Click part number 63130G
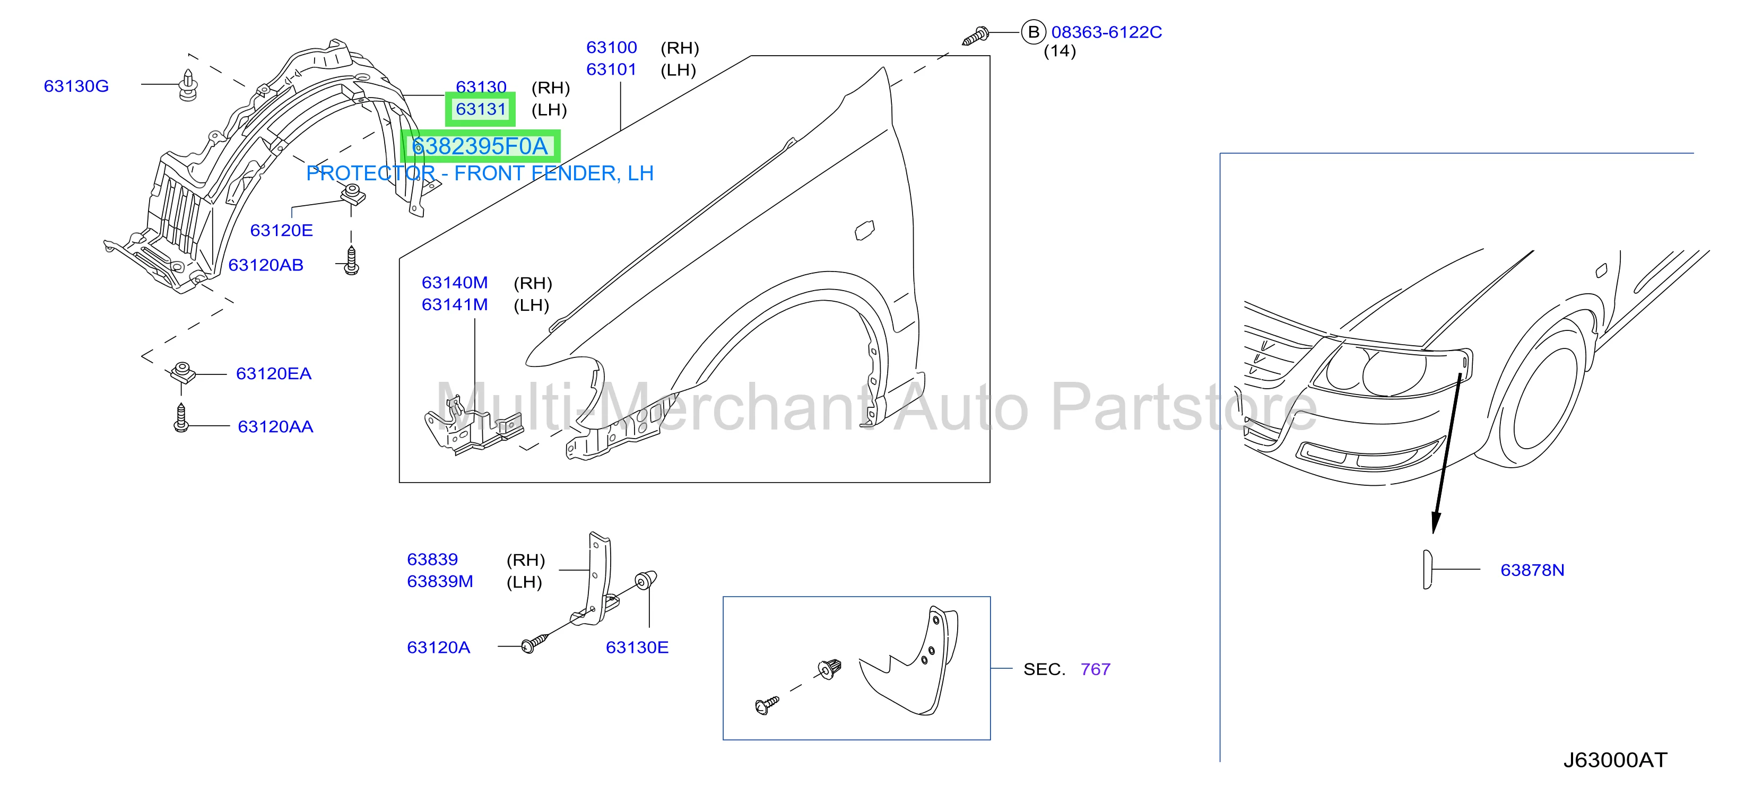[x=76, y=86]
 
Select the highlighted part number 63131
[x=481, y=109]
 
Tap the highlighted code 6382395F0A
[x=480, y=146]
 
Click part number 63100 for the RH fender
[x=611, y=48]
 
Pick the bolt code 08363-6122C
[x=1107, y=32]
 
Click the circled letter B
[x=1034, y=32]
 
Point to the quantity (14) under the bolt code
[x=1060, y=51]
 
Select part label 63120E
[x=281, y=230]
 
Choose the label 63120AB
[x=266, y=265]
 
